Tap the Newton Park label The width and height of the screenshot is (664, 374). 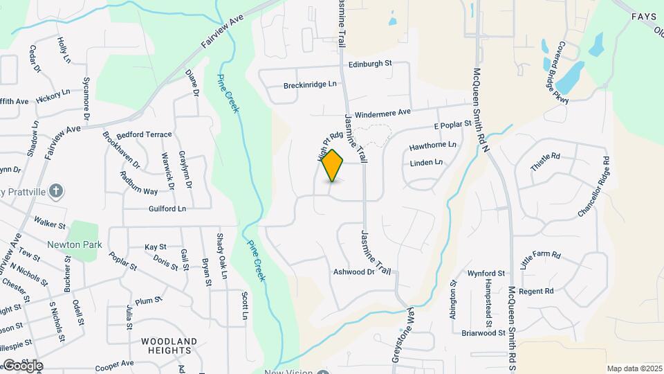[75, 244]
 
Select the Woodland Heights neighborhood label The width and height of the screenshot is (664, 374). [169, 346]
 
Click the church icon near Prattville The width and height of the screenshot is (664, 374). [57, 190]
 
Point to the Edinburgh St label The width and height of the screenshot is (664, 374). [370, 64]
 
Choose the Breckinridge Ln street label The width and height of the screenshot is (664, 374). [310, 85]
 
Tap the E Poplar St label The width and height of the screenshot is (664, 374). [452, 125]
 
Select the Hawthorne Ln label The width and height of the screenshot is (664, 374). [433, 145]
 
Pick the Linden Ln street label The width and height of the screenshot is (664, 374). [426, 163]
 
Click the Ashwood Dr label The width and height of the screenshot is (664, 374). [353, 272]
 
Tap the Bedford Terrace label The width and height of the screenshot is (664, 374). [144, 134]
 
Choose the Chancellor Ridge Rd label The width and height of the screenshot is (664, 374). [596, 187]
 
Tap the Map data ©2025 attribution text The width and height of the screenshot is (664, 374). [634, 368]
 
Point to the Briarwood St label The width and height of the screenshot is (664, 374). [483, 333]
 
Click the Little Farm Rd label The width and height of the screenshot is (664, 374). [540, 263]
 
